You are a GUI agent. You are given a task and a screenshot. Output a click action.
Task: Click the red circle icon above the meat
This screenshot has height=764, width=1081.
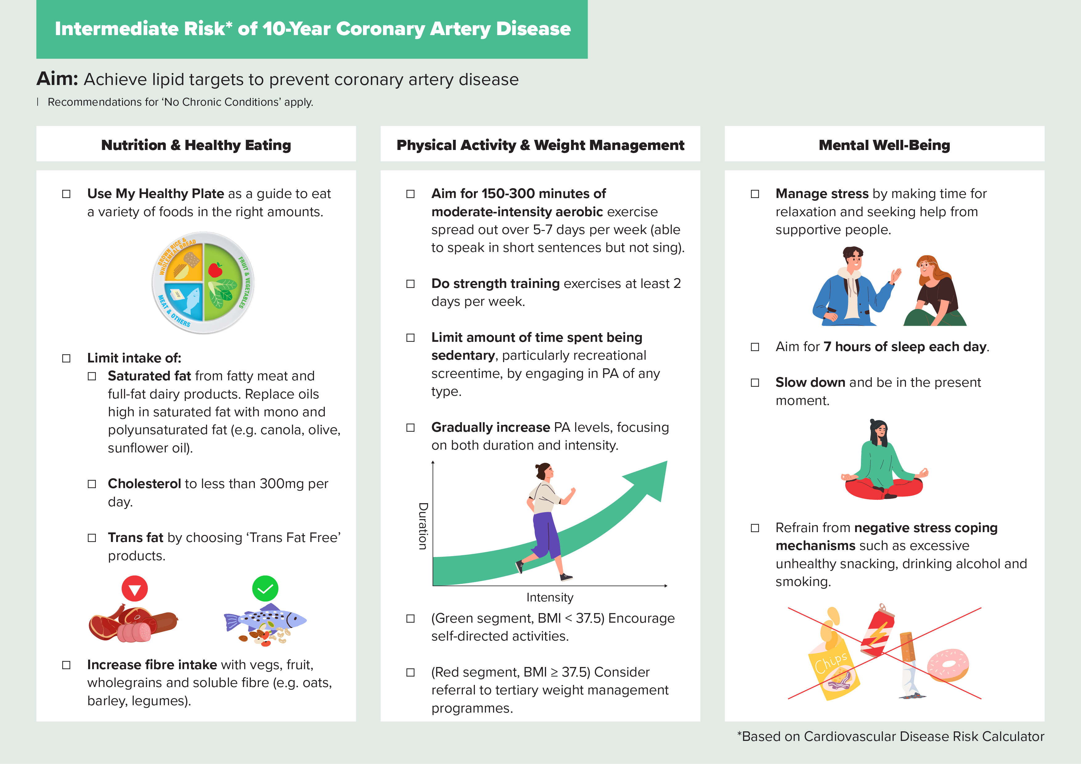point(135,588)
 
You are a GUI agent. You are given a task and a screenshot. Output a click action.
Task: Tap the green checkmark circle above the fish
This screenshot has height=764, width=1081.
point(265,588)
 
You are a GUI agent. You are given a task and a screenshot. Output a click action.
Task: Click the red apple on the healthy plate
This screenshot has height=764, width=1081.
point(215,269)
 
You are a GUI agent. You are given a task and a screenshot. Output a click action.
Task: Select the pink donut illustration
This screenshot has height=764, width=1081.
point(948,665)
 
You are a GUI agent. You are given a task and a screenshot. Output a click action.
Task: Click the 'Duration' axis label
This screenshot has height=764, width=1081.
point(423,526)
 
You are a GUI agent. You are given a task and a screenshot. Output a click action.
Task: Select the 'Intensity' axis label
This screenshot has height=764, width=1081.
point(549,597)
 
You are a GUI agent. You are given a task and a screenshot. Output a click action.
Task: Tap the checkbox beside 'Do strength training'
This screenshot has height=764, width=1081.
point(410,284)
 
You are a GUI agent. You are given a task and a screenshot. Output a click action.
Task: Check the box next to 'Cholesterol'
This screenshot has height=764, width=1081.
point(92,484)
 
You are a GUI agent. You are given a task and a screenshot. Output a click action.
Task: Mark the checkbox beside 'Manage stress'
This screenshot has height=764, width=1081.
point(755,194)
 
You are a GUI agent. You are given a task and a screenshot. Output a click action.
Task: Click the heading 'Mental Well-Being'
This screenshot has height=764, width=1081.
point(884,145)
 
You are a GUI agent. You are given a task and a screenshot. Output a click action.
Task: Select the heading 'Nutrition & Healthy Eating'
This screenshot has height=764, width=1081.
point(196,145)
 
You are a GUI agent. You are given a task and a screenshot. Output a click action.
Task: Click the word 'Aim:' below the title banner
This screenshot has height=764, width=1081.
point(57,79)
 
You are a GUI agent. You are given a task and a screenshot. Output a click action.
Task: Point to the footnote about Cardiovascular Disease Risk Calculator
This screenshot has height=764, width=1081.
point(890,736)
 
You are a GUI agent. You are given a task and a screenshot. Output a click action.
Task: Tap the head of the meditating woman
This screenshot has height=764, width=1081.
point(879,431)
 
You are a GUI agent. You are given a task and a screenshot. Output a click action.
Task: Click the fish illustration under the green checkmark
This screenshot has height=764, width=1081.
point(265,622)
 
